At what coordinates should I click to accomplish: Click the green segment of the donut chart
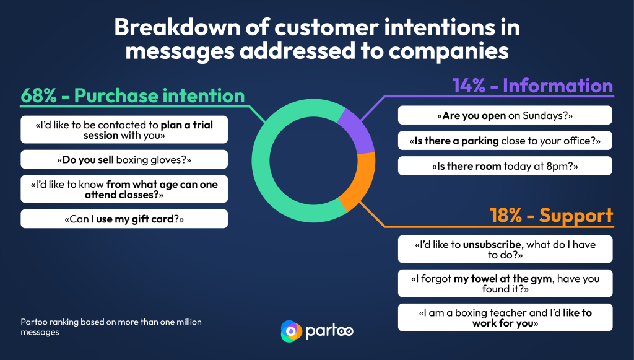[261, 162]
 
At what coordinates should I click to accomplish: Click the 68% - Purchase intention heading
[132, 96]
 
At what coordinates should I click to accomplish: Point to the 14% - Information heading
[532, 86]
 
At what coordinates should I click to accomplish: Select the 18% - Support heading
[552, 215]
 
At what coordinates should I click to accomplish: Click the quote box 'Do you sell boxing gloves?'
[124, 159]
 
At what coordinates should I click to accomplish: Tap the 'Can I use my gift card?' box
[124, 219]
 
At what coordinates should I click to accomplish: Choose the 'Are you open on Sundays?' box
[505, 115]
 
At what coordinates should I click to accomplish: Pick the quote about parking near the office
[505, 141]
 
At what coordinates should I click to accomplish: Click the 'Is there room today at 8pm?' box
[505, 166]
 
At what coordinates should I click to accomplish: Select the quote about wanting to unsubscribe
[505, 249]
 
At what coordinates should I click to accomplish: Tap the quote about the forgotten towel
[505, 283]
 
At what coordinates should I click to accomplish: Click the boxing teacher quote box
[505, 317]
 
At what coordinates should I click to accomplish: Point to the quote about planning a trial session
[124, 130]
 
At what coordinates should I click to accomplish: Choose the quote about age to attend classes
[124, 189]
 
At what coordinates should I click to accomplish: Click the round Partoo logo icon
[291, 331]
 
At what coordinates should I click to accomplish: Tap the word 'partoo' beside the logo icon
[329, 331]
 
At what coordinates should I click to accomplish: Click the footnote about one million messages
[111, 327]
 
